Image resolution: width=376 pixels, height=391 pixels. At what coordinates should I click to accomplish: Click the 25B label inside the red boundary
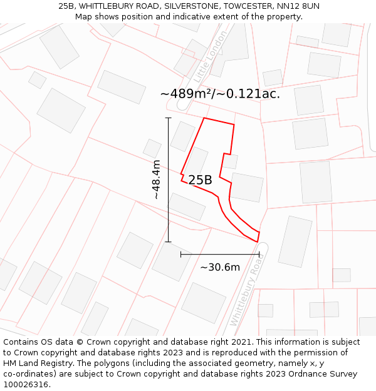pyautogui.click(x=200, y=180)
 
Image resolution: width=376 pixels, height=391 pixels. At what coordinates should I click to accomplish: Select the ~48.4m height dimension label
pyautogui.click(x=156, y=180)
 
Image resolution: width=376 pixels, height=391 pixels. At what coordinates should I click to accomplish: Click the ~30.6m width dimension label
pyautogui.click(x=220, y=267)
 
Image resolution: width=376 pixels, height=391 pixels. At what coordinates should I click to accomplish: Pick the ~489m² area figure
pyautogui.click(x=186, y=94)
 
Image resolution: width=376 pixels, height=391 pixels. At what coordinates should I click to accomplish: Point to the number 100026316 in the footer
pyautogui.click(x=25, y=385)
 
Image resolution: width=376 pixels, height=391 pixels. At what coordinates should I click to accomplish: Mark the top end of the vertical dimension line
pyautogui.click(x=168, y=118)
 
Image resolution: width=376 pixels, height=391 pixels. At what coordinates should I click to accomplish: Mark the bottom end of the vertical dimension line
pyautogui.click(x=168, y=241)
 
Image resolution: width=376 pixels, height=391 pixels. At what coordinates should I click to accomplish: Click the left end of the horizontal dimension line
pyautogui.click(x=180, y=255)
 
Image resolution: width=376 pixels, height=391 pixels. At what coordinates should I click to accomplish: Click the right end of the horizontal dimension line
pyautogui.click(x=259, y=255)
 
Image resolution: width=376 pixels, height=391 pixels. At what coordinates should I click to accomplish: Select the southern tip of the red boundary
pyautogui.click(x=258, y=241)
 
